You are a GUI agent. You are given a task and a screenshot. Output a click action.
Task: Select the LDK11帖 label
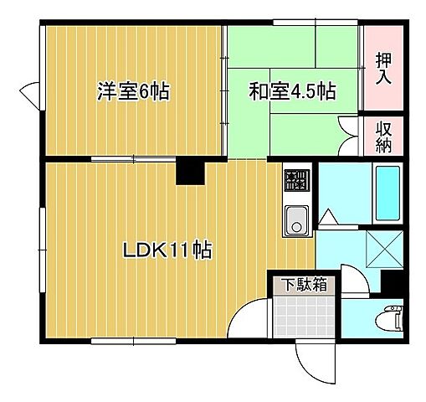167,249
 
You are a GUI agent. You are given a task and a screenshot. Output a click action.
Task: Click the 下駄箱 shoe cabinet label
303,285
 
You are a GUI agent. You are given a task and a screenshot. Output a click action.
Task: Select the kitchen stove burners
295,179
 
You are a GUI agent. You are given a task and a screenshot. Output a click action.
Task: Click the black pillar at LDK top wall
190,172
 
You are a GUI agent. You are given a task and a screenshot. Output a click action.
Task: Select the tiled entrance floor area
304,317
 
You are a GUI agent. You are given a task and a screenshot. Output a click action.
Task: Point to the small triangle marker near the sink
329,218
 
